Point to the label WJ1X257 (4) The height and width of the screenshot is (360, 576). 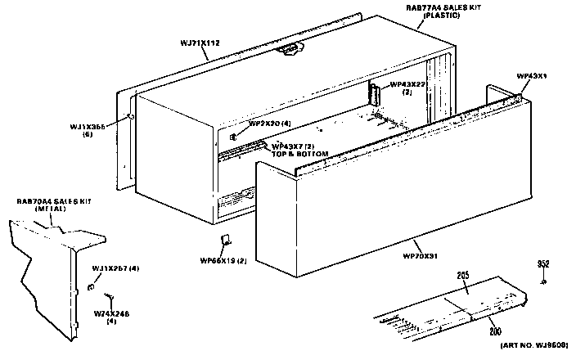point(115,268)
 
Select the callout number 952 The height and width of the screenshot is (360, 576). point(543,263)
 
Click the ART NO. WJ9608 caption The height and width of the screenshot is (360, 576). point(533,349)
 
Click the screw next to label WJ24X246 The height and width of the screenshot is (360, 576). point(108,296)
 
